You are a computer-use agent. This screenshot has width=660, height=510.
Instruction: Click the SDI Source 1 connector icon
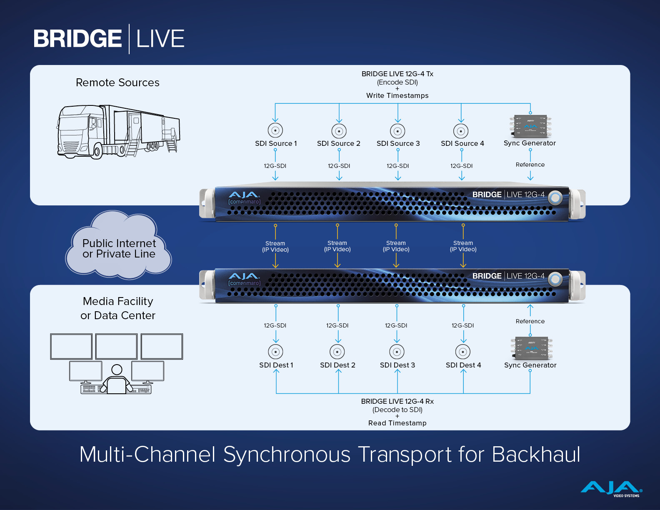275,130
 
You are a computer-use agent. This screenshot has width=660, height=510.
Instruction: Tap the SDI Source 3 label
398,143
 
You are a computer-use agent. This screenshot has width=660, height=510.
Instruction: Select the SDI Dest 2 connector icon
337,352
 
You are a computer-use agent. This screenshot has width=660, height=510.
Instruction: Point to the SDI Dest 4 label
463,365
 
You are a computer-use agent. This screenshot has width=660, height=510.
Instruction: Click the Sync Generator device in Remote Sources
530,126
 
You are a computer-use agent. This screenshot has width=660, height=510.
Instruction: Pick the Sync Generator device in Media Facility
531,348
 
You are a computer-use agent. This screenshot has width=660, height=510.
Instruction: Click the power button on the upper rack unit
555,198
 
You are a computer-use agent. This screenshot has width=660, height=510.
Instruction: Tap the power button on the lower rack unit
555,279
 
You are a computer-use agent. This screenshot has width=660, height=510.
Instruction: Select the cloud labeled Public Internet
118,245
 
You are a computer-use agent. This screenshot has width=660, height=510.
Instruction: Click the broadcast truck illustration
118,132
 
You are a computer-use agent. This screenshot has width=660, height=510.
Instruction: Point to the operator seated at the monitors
117,380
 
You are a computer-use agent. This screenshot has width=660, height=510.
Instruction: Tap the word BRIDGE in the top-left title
77,39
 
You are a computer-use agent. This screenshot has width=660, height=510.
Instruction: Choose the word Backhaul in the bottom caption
536,455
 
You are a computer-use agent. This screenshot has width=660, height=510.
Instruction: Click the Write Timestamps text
397,96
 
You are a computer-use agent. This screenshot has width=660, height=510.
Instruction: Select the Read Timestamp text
397,423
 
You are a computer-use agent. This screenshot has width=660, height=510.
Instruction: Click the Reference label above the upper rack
530,165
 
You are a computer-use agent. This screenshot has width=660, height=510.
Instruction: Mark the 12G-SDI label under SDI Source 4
461,166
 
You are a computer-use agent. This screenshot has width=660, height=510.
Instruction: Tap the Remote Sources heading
117,82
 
